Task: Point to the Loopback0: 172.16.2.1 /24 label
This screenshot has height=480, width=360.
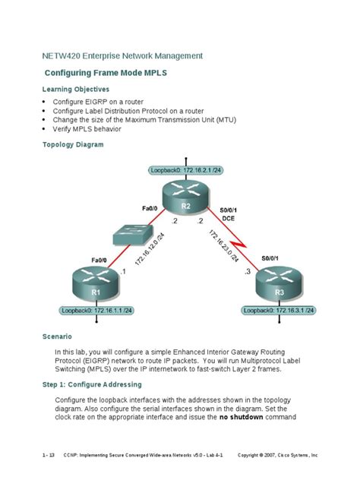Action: click(185, 171)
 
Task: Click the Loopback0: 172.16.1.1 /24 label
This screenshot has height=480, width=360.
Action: click(96, 311)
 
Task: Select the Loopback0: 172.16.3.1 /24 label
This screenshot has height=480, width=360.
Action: click(279, 311)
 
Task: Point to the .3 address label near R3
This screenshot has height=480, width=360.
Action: click(246, 270)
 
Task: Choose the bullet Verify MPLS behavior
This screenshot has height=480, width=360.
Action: click(93, 129)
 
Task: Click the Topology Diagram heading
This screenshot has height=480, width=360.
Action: click(72, 144)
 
